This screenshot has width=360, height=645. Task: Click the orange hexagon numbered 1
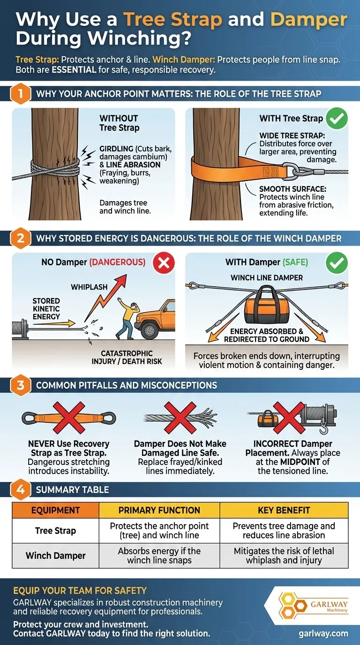coord(20,93)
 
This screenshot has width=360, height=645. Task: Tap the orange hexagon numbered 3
coord(20,385)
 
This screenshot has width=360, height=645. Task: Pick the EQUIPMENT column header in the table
coord(55,510)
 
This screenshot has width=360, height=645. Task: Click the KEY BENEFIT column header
coord(284,510)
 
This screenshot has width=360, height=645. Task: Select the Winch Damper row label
coord(55,555)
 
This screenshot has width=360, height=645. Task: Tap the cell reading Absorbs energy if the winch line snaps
coord(159,555)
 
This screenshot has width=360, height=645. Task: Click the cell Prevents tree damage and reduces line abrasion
coord(284,531)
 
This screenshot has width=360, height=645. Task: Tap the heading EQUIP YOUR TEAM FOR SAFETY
coord(80,590)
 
